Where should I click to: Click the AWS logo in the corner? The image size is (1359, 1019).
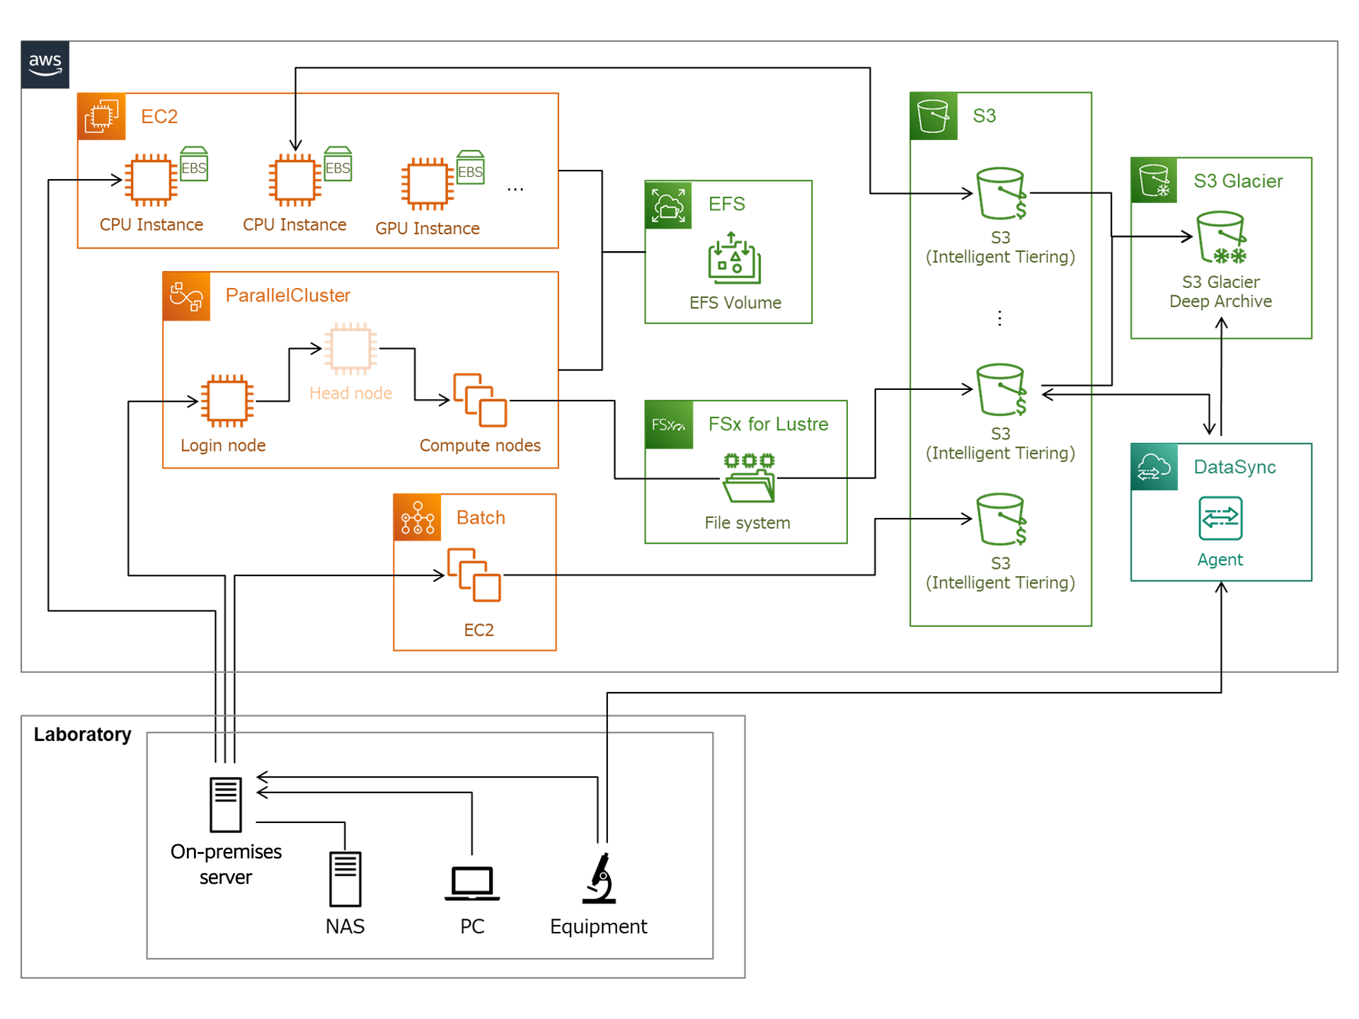click(45, 64)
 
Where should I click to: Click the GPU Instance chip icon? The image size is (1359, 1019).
click(428, 184)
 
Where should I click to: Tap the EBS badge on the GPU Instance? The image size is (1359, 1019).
click(471, 168)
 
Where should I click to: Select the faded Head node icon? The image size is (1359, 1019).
click(350, 348)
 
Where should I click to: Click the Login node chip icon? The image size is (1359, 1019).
click(226, 401)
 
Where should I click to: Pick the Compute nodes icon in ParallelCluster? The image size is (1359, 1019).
click(480, 400)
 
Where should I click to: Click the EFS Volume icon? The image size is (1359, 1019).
click(735, 258)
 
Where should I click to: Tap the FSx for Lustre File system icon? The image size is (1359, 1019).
click(748, 478)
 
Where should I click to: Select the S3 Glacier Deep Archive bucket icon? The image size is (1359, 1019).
click(1221, 237)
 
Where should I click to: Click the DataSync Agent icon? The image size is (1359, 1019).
click(1220, 519)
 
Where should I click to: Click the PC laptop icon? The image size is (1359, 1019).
click(472, 883)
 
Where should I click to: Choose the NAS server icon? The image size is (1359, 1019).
click(345, 879)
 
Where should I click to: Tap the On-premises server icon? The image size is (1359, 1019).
click(226, 805)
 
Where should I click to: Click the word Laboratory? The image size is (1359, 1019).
click(82, 735)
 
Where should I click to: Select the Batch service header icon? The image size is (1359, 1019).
click(418, 518)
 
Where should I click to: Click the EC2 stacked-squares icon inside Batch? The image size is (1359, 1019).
click(474, 575)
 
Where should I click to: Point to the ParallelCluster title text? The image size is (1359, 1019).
click(287, 295)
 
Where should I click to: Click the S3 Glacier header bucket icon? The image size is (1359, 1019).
click(1154, 181)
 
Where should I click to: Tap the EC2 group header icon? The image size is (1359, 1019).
click(101, 117)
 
